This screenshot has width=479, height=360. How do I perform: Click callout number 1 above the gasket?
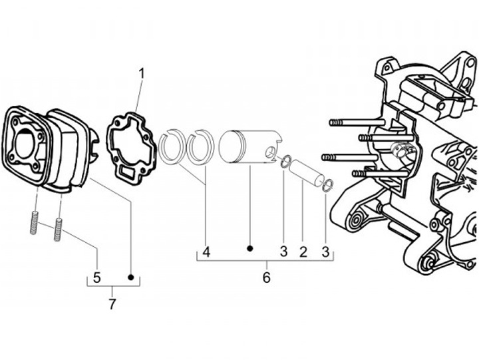(142, 74)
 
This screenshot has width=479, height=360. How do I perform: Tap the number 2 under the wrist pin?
(303, 252)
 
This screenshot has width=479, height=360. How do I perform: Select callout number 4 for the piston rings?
(206, 252)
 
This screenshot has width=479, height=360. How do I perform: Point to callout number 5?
(97, 277)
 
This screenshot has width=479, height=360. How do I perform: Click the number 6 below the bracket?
(266, 277)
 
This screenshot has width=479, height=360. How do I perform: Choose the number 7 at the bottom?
(112, 303)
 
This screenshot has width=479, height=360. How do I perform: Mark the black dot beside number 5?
(131, 277)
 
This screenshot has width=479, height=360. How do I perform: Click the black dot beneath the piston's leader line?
(250, 249)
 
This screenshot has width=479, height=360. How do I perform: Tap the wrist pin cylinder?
(307, 172)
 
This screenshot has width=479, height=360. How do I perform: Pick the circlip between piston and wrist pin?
(286, 162)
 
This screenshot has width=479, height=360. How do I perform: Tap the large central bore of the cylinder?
(25, 144)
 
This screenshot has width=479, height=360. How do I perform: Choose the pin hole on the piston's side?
(269, 152)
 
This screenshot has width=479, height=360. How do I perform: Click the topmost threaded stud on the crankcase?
(357, 122)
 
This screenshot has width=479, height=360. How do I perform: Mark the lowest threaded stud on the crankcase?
(380, 174)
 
